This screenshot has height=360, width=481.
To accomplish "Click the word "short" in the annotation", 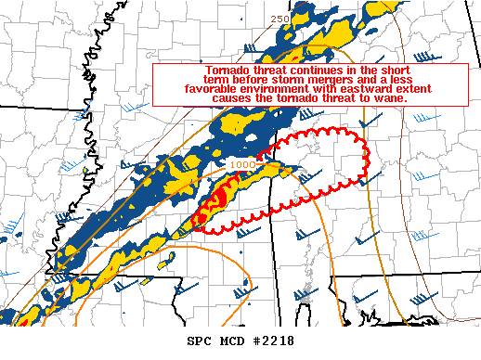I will pos(423,71).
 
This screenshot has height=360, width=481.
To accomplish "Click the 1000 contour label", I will pos(241,164).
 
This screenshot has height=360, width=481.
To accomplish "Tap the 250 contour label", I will pos(279,19).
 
